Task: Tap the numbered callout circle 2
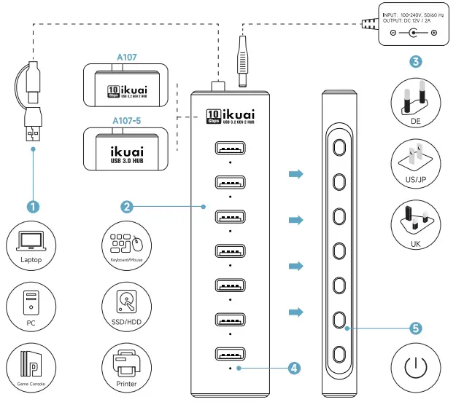point(127,207)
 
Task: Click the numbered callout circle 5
point(415,328)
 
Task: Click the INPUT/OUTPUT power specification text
point(413,17)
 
